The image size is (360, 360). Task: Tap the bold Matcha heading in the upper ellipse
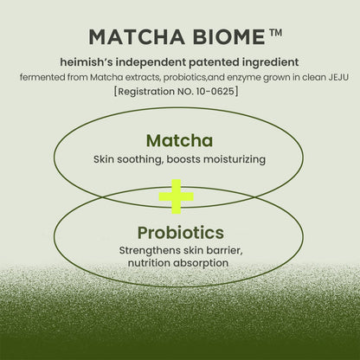click(179, 140)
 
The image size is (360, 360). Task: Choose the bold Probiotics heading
click(180, 233)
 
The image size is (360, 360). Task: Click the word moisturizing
click(235, 160)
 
